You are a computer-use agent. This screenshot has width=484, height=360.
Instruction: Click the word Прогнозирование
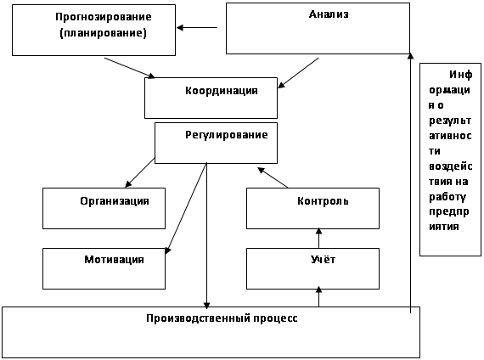click(104, 17)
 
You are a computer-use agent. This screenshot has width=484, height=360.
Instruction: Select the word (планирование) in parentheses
click(103, 33)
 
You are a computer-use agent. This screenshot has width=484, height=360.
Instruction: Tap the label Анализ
click(329, 14)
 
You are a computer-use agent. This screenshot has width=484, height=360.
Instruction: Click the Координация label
click(222, 91)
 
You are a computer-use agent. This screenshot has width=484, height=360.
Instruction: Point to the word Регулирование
click(227, 135)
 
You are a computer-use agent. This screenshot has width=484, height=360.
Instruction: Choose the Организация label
click(115, 201)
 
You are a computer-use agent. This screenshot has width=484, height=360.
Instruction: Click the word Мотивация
click(115, 259)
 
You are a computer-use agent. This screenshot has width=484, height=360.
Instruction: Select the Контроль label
click(323, 201)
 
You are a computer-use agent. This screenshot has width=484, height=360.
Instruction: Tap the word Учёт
click(323, 259)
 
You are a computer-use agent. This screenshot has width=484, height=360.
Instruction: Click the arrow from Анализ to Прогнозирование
click(197, 27)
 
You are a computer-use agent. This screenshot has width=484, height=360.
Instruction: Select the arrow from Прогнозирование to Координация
click(130, 68)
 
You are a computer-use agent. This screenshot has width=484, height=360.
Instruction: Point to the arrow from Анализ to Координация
click(298, 73)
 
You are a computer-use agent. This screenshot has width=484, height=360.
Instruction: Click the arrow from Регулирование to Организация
click(140, 172)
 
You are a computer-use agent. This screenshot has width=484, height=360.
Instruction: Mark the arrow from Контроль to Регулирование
click(273, 177)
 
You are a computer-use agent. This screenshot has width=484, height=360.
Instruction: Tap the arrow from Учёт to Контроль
click(319, 238)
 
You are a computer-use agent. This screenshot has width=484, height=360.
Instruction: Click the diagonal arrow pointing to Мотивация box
click(186, 209)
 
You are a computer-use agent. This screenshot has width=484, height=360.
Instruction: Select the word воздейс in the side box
click(451, 166)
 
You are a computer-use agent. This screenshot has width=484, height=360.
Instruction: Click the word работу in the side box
click(447, 197)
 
